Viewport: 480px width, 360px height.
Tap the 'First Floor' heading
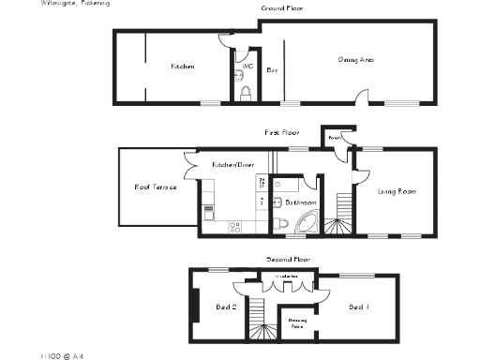[278, 133]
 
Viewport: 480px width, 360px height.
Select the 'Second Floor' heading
[288, 258]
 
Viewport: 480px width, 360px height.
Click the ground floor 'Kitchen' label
[182, 67]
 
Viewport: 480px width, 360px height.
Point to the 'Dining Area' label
[355, 60]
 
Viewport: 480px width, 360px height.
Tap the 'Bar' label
[272, 70]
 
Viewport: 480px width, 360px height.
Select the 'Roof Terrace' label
[156, 187]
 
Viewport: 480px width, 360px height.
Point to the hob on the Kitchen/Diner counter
[233, 225]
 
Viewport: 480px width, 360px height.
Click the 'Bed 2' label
[226, 307]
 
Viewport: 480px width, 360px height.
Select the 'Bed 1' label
[359, 307]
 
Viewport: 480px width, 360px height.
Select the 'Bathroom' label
[299, 202]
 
